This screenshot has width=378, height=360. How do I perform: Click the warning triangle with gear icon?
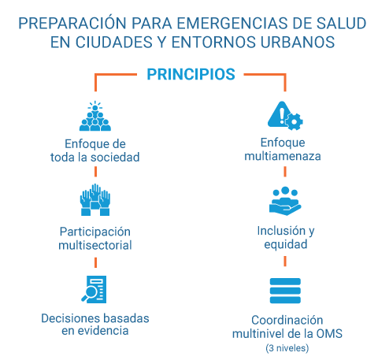[285, 115]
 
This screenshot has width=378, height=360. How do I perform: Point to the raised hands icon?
[95, 201]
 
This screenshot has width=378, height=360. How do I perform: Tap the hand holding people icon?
[285, 201]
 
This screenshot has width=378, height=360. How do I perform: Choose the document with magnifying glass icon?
[95, 288]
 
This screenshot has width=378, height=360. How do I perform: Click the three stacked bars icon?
[285, 291]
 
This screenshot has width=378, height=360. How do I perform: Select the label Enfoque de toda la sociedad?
[95, 150]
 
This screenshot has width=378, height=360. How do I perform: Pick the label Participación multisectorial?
[95, 238]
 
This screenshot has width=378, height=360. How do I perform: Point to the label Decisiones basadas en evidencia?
[95, 325]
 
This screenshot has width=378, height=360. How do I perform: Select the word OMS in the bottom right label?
[327, 334]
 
